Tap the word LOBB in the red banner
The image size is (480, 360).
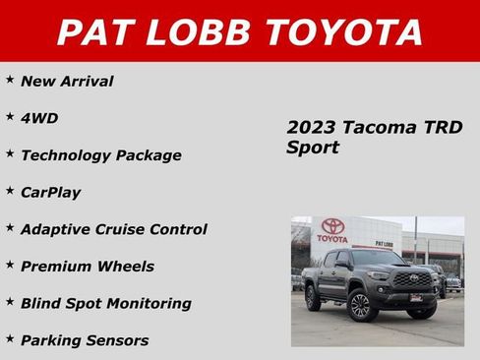tap(202, 31)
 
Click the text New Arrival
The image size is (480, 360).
tap(67, 82)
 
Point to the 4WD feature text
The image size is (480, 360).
tap(39, 118)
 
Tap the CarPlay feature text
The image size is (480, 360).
tap(50, 192)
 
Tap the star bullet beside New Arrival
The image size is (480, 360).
tap(9, 79)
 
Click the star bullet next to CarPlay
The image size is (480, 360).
tap(9, 189)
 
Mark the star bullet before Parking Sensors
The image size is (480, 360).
tap(9, 337)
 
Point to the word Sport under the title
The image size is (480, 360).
tap(313, 149)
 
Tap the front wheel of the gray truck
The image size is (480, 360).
tap(359, 306)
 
